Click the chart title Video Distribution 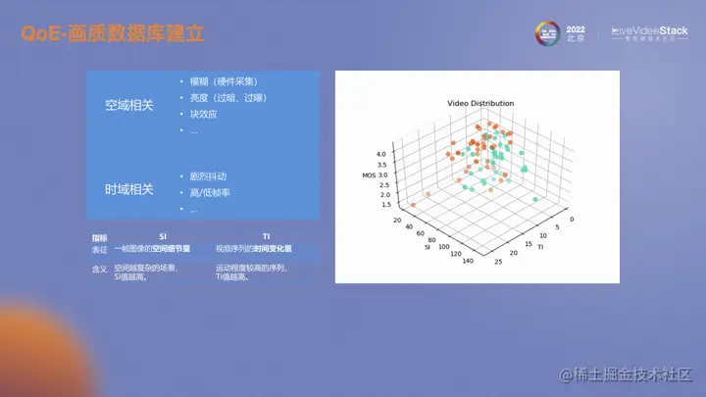[x=480, y=103]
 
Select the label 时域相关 [x=128, y=189]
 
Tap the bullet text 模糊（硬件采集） [x=224, y=81]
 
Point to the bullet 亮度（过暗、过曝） [x=228, y=98]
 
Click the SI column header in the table [x=163, y=237]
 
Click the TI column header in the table [x=267, y=237]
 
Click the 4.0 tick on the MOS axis [x=382, y=153]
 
